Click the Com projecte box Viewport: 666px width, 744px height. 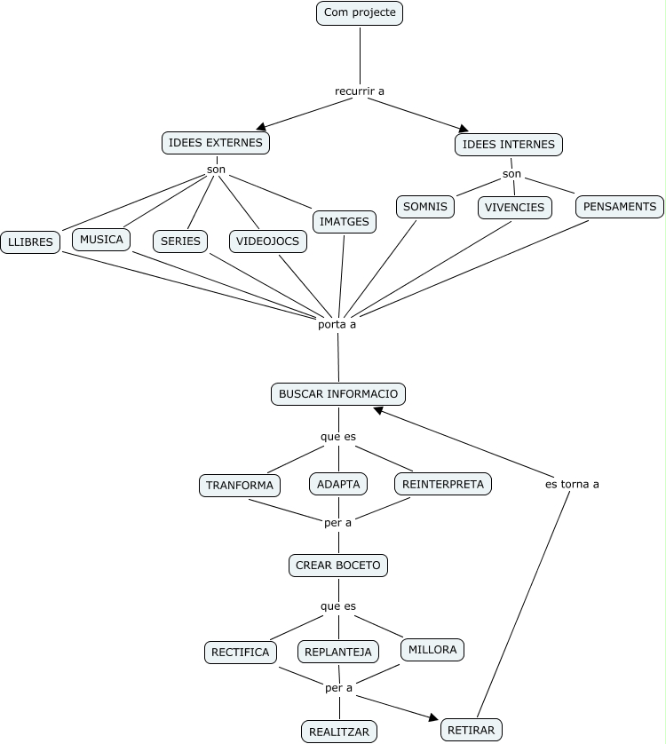tap(360, 13)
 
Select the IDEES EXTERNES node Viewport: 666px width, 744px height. tap(216, 143)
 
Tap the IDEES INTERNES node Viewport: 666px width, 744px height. tap(509, 145)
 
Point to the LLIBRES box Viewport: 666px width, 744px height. tap(30, 241)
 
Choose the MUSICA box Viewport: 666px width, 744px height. tap(101, 240)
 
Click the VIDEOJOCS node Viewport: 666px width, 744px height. tap(268, 241)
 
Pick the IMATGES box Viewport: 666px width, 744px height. tap(345, 222)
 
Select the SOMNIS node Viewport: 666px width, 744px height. tap(425, 207)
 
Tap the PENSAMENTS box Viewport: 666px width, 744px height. tap(620, 207)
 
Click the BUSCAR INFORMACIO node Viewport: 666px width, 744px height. tap(338, 394)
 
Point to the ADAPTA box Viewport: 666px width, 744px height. tap(338, 485)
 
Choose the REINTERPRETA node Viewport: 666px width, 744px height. tap(443, 485)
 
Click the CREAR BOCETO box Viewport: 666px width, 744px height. tap(338, 566)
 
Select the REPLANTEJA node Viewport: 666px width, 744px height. tap(338, 653)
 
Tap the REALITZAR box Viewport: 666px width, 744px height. tap(338, 732)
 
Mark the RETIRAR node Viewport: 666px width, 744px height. tap(472, 730)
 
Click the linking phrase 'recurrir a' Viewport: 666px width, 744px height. tap(360, 91)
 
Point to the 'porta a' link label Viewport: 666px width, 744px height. tap(337, 324)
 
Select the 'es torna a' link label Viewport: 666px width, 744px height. tap(572, 484)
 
